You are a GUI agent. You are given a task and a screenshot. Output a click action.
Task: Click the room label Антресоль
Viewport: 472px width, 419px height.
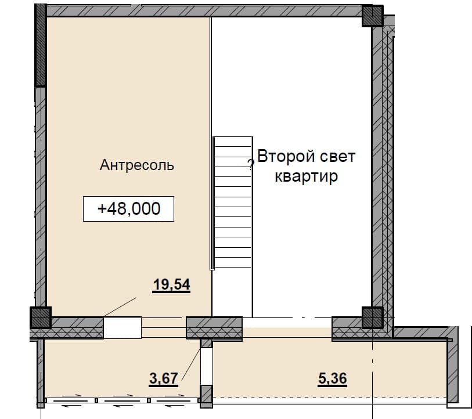tap(137, 165)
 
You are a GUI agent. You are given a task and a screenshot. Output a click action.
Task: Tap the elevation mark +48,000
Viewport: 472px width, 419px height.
tap(129, 208)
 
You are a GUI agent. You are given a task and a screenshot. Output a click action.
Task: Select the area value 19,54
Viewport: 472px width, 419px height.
tap(172, 284)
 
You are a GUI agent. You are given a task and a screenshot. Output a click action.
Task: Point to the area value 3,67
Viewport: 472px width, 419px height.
tap(164, 378)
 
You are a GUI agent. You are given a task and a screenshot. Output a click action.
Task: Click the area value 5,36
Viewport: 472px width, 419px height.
tap(333, 378)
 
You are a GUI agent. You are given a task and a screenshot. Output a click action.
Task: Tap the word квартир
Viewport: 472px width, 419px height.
tap(307, 176)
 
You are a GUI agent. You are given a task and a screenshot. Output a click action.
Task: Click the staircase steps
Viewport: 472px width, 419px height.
tap(232, 203)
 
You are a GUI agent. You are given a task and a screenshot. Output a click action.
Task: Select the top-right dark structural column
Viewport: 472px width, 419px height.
tap(372, 16)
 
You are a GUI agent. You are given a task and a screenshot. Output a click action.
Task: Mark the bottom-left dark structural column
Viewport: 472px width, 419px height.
tap(41, 317)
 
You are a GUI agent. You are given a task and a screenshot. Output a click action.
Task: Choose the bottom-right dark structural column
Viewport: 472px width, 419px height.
tap(372, 317)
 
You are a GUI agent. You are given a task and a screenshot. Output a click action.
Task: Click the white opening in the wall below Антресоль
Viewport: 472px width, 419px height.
tap(122, 327)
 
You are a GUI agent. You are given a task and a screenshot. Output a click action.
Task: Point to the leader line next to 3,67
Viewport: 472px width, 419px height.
tap(191, 363)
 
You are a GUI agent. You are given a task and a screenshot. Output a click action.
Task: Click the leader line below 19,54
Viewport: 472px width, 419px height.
tap(120, 307)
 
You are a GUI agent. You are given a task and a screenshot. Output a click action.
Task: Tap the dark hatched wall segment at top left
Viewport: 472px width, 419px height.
tap(41, 45)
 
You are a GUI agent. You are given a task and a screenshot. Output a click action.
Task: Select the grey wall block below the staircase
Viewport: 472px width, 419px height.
tap(214, 328)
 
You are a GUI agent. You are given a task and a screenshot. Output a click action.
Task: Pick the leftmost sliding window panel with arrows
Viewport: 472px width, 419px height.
tap(71, 400)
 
